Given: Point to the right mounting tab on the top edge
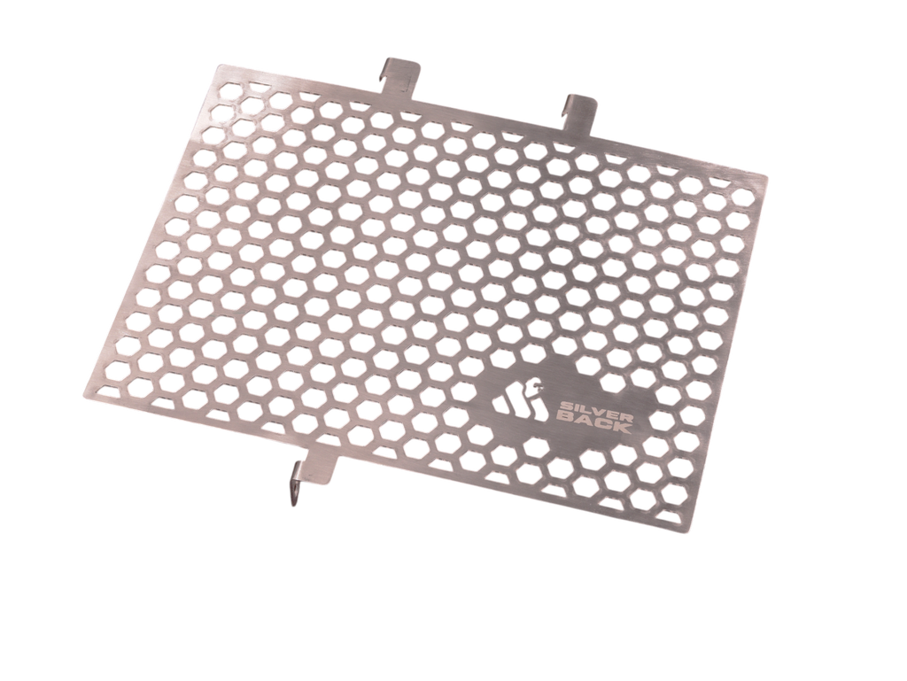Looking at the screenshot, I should point(581,104).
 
